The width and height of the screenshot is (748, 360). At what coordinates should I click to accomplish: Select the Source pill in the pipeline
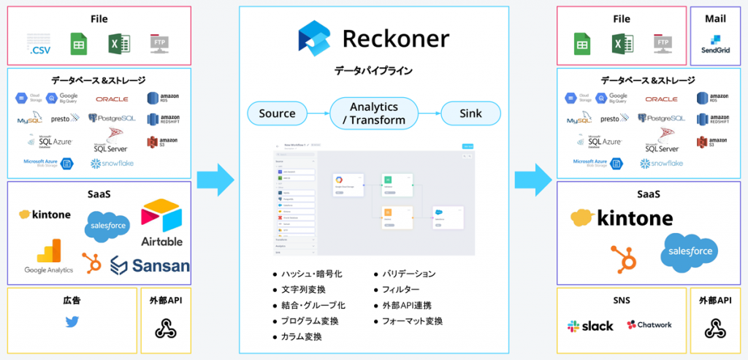278,113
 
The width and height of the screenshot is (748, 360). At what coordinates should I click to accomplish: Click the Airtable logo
162,223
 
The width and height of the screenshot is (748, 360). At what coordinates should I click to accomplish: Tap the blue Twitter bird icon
72,323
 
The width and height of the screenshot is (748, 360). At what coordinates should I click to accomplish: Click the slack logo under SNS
590,326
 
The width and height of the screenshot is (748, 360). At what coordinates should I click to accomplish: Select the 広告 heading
72,300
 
